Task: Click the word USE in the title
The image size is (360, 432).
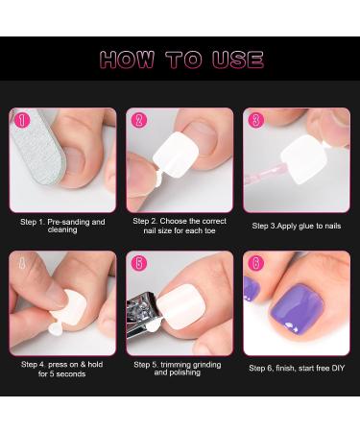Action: click(x=234, y=60)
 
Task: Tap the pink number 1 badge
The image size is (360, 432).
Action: click(x=22, y=121)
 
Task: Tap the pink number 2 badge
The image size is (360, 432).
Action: click(x=139, y=121)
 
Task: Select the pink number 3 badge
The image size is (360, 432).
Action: click(x=255, y=121)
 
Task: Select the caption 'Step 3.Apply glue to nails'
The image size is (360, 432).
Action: click(x=296, y=226)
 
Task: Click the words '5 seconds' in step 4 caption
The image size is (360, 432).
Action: click(x=62, y=374)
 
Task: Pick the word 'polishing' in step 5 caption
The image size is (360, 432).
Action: click(x=180, y=374)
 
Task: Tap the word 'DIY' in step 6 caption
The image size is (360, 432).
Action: click(x=333, y=368)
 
